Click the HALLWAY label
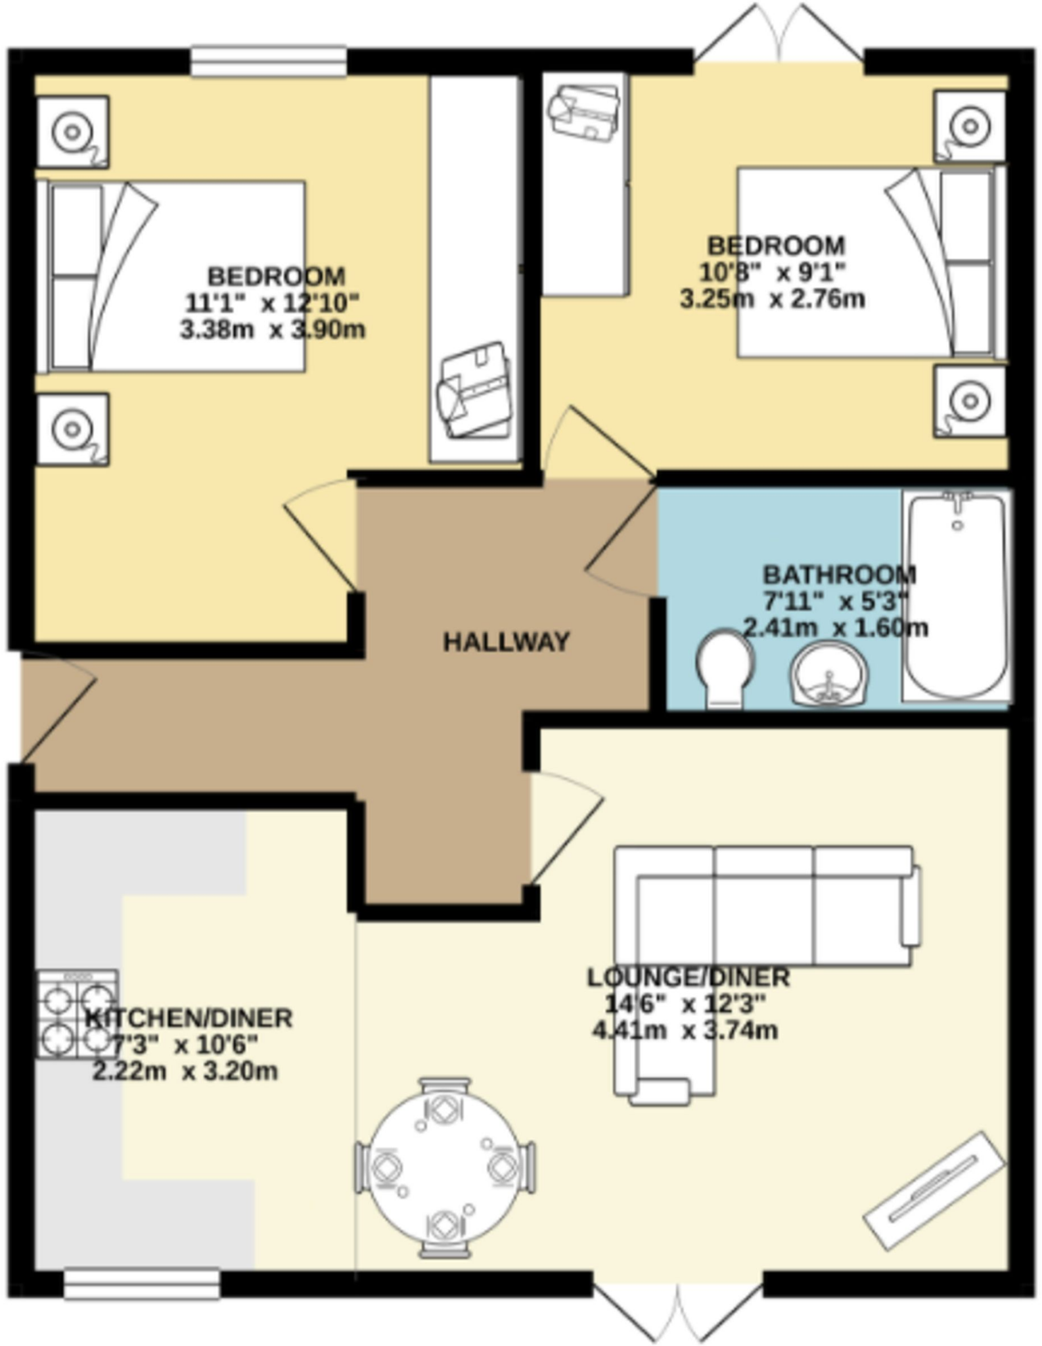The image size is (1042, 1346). click(x=506, y=642)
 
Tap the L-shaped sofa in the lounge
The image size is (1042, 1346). click(x=762, y=920)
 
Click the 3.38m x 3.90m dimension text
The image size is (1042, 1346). click(x=273, y=329)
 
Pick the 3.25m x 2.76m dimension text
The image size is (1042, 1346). click(x=772, y=299)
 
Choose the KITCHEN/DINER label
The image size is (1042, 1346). click(x=189, y=1018)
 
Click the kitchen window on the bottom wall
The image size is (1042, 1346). click(x=142, y=1284)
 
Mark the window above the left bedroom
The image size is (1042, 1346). click(x=269, y=62)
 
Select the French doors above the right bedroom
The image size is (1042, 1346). click(x=780, y=39)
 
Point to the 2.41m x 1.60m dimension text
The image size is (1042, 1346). click(x=835, y=628)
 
